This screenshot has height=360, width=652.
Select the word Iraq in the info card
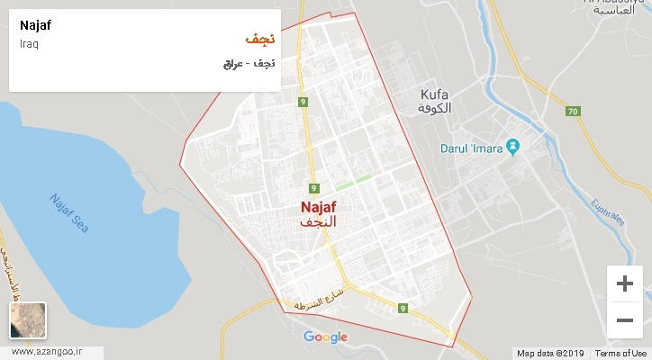[x=28, y=44]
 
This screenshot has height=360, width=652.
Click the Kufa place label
[x=434, y=94]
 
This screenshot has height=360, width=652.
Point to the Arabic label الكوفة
[x=434, y=108]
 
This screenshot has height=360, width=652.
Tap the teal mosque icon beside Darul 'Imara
[x=512, y=145]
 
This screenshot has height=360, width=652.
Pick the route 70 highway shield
[x=573, y=112]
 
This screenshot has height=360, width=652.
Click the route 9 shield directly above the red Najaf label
[x=314, y=188]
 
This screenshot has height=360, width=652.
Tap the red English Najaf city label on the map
[x=319, y=206]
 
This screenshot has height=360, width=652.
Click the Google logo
[x=325, y=337]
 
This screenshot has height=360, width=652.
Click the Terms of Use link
[x=620, y=353]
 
